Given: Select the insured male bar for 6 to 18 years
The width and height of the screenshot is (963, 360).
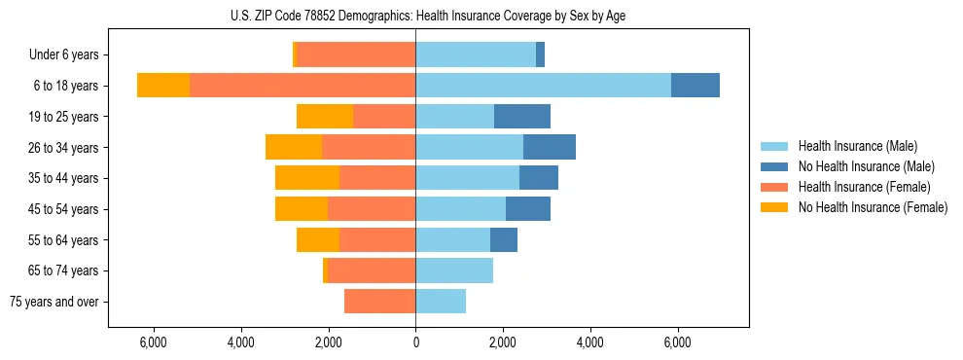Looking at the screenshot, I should tap(543, 86).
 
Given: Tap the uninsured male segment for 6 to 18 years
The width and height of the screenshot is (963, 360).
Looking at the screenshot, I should tap(695, 86).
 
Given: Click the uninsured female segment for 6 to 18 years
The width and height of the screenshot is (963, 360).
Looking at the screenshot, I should tap(163, 86).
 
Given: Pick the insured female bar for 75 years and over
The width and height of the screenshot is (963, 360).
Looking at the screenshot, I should tap(379, 302).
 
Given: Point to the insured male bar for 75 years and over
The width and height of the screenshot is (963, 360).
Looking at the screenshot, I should tap(441, 302).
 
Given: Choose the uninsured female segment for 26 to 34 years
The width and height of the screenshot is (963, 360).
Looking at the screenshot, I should tap(294, 147).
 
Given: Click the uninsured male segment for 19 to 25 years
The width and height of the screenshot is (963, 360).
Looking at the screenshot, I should tap(522, 117).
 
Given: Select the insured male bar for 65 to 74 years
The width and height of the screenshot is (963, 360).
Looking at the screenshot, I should tap(454, 270).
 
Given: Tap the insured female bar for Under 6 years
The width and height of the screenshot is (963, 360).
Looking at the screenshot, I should tap(356, 54).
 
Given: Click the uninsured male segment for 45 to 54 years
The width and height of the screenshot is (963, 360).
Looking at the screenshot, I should tap(528, 209).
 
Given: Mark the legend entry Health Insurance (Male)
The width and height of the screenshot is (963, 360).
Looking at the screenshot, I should tap(857, 146).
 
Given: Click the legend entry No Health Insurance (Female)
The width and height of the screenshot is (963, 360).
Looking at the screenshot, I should tap(872, 207).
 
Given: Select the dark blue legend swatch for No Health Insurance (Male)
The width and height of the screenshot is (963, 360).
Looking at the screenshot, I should tap(775, 166).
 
